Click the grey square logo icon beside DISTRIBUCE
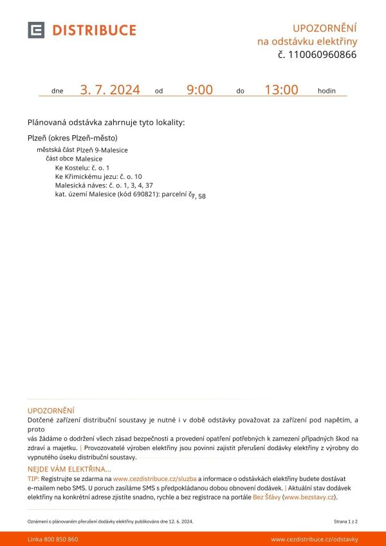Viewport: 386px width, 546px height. [x=36, y=30]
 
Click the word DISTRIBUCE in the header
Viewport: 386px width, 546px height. [x=94, y=30]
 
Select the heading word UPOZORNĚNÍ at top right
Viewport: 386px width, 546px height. [x=324, y=28]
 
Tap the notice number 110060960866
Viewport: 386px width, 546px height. [x=322, y=55]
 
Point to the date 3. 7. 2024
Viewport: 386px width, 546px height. [x=110, y=90]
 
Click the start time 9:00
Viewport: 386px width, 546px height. [x=199, y=90]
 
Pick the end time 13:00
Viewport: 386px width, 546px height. [x=281, y=90]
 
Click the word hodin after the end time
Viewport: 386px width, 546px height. [x=326, y=91]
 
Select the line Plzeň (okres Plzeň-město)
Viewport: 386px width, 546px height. [x=73, y=138]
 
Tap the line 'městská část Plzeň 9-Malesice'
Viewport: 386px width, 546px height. [x=82, y=150]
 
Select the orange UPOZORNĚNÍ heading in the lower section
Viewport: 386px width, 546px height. [x=51, y=410]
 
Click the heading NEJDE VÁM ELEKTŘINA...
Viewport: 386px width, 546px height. [x=69, y=469]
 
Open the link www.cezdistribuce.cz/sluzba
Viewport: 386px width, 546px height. [x=154, y=479]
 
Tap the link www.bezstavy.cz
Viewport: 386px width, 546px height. [x=309, y=497]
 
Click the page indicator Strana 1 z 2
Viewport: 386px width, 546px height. [x=345, y=521]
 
